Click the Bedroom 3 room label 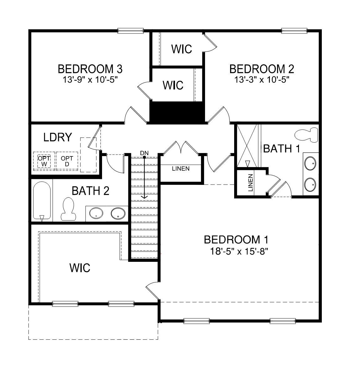90,69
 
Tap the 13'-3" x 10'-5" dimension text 261,79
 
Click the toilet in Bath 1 306,135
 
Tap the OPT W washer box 44,161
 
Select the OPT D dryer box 67,161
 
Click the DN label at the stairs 144,153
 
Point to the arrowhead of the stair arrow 144,197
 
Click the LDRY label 58,137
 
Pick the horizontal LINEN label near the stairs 181,169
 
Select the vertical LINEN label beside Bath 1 250,183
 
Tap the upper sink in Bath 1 310,163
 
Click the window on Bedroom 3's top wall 131,31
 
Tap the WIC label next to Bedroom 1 80,268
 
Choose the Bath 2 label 90,191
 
